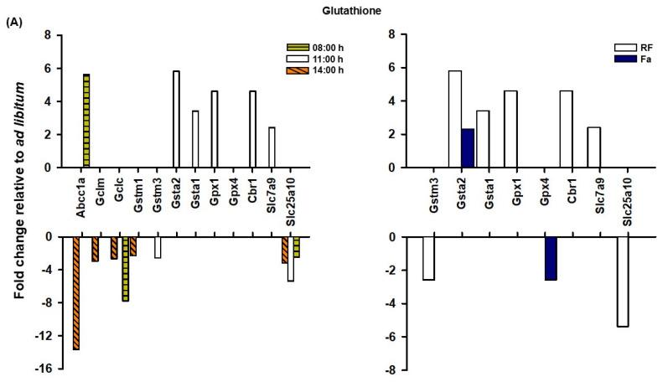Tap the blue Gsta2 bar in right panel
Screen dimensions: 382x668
[x=467, y=148]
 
